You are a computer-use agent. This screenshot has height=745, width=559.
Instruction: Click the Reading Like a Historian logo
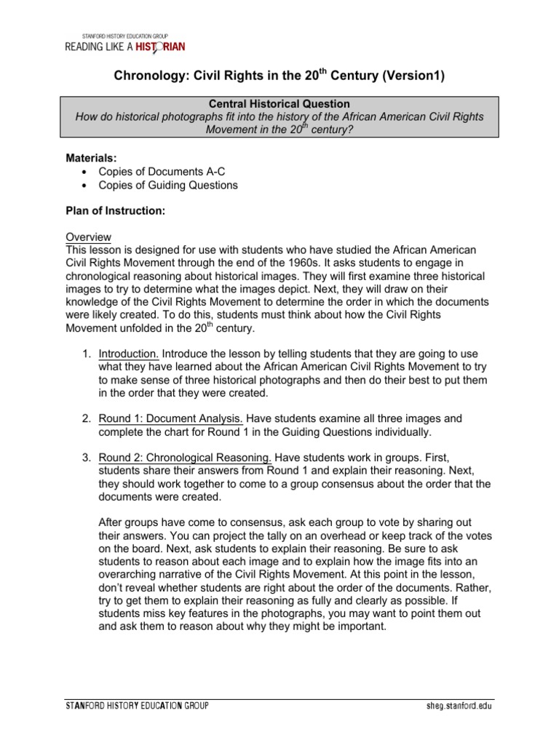tap(125, 47)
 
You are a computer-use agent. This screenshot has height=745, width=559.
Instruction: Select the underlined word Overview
tap(88, 237)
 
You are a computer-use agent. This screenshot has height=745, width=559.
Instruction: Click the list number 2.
tap(85, 419)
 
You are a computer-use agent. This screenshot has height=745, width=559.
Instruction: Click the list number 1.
tap(85, 354)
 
